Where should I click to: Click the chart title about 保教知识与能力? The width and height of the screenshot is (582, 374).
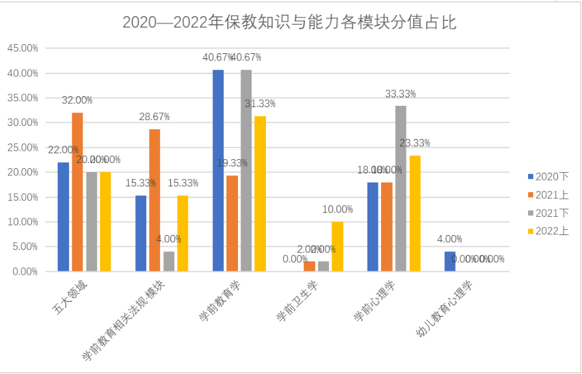[290, 23]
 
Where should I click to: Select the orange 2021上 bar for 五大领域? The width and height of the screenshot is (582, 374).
[77, 192]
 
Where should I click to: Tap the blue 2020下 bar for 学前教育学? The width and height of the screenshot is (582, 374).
[218, 170]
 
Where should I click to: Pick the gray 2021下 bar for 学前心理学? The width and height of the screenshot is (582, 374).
[401, 188]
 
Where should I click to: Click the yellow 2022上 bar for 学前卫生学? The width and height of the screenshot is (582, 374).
[337, 246]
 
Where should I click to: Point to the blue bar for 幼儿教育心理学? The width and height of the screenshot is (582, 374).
[450, 261]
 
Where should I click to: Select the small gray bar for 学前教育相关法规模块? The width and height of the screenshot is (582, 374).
[169, 261]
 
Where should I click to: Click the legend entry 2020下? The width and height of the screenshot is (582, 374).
[548, 177]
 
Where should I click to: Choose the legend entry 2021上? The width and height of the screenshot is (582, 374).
[548, 195]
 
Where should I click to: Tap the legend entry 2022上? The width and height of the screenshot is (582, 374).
[548, 231]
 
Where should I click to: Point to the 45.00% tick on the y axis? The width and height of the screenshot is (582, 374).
[22, 49]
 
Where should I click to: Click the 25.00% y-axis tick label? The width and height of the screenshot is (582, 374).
[22, 148]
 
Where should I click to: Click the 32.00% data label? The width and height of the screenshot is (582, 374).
[77, 101]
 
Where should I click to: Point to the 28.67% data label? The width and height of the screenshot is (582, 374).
[154, 117]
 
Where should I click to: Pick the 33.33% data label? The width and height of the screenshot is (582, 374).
[401, 94]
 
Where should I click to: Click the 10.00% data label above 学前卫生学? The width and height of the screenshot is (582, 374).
[337, 210]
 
